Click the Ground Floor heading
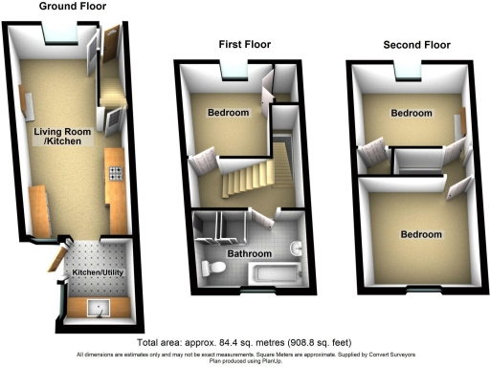72,7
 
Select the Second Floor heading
416,44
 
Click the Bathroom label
249,254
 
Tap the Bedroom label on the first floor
229,113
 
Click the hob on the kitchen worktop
116,174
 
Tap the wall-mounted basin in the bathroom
296,250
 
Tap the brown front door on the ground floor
111,39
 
